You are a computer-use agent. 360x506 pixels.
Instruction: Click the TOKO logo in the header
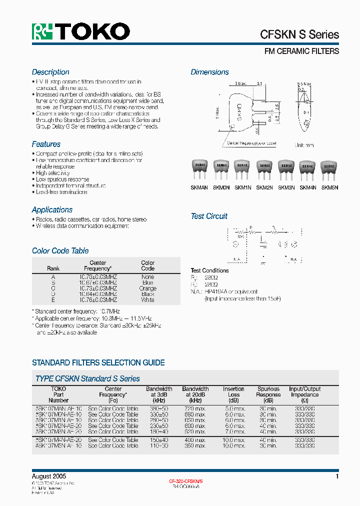coord(81,31)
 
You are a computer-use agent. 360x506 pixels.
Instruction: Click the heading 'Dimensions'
coord(209,72)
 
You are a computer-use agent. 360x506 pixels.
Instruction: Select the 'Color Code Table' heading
coord(60,250)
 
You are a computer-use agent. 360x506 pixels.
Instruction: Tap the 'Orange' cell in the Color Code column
coord(147,288)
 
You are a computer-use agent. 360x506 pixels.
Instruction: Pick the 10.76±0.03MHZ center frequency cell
coord(98,300)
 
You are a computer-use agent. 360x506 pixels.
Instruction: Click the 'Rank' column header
coord(53,268)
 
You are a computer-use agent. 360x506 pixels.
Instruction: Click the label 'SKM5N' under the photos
coord(329,187)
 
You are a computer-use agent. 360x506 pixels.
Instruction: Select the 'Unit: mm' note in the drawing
coord(304,145)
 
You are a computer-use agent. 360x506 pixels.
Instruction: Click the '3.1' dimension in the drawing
coord(259,83)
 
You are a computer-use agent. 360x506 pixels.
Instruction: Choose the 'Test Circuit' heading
coord(209,216)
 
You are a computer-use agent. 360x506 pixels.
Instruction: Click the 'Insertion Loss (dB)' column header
coord(233,394)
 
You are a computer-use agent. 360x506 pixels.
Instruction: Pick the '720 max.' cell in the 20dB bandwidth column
coord(195,408)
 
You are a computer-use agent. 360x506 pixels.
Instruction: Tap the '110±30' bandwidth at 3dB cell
coord(159,445)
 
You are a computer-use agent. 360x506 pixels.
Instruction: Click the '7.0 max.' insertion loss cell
coord(233,431)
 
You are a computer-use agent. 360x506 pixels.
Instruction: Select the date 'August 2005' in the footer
coord(49,476)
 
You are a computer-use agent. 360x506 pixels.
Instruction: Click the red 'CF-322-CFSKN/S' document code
coord(185,480)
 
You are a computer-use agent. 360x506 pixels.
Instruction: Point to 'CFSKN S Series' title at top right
coord(299,34)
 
